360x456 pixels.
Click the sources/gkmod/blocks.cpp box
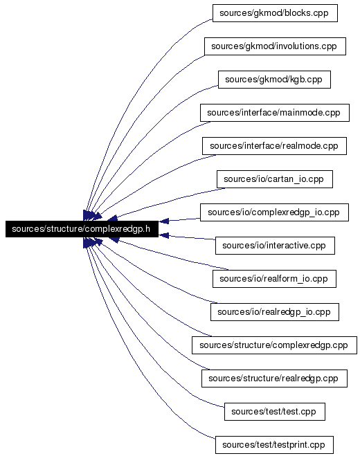pos(275,13)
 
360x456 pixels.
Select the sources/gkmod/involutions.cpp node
pos(275,46)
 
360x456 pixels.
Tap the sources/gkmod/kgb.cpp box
pos(274,80)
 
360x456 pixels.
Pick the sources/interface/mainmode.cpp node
pos(275,113)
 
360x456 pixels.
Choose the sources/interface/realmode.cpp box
pos(274,146)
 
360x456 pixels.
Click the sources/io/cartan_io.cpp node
pos(275,179)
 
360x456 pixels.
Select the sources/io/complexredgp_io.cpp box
pos(274,212)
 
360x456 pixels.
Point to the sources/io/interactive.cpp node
pos(275,246)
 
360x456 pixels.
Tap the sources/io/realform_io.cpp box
pos(274,279)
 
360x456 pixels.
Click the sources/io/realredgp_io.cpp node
pos(275,312)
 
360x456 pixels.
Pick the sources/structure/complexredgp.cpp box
pos(274,345)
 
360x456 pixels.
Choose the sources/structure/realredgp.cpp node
pos(274,379)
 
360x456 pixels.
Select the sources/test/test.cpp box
pos(275,412)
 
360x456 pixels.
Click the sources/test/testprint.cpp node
pos(274,445)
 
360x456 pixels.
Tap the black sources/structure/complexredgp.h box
pos(82,229)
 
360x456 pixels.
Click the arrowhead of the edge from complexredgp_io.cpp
pos(163,221)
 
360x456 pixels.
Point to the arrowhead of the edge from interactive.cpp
pos(163,235)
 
